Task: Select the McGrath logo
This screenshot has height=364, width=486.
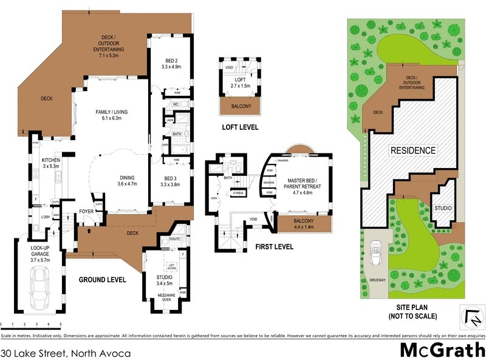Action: click(442, 350)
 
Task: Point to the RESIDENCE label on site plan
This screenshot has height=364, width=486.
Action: click(412, 150)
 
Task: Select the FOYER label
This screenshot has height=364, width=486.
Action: click(85, 212)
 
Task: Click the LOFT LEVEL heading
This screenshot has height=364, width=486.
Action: click(240, 127)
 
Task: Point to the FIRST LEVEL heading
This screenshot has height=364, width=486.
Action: click(273, 247)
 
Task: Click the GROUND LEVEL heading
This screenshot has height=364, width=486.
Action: click(103, 280)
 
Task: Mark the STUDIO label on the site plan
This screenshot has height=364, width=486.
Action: click(443, 208)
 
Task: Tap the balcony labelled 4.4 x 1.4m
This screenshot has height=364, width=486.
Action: click(303, 224)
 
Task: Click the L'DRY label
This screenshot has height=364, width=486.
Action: click(45, 217)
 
